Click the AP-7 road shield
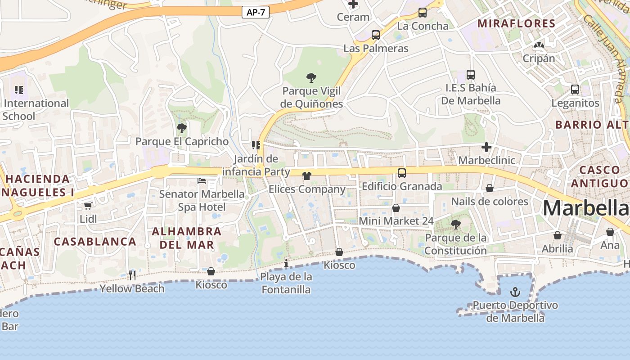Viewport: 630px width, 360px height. tap(256, 12)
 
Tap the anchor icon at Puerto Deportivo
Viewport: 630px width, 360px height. tap(515, 292)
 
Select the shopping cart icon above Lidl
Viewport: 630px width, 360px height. tap(88, 206)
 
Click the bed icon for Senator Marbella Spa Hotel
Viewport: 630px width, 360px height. tap(202, 181)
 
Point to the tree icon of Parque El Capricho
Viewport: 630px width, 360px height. tap(182, 128)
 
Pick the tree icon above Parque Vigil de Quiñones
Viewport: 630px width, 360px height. tap(311, 78)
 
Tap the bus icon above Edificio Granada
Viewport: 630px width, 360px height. tap(401, 173)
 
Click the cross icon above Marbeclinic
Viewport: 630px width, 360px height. tap(486, 147)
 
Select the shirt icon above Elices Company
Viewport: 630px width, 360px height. tap(307, 176)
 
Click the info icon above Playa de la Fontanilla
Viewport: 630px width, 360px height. tap(286, 263)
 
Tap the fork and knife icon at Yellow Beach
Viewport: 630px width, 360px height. tap(132, 275)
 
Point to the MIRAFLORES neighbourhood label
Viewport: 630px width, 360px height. tap(516, 23)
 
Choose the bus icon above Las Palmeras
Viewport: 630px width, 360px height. tap(375, 35)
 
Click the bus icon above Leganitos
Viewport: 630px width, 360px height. tap(575, 90)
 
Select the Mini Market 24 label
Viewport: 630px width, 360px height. tap(396, 221)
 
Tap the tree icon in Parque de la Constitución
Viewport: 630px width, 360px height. tap(455, 224)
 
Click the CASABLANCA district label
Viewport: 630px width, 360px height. tap(95, 241)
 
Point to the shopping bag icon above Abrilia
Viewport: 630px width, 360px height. tap(558, 235)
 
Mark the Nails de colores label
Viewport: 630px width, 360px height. tap(490, 201)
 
